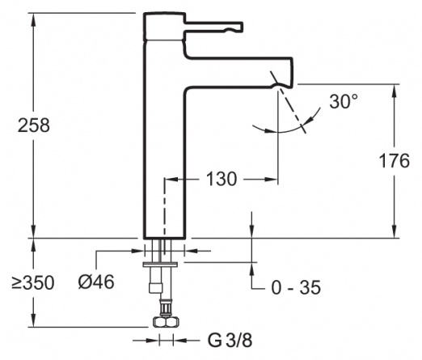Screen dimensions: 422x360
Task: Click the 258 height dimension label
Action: tap(34, 125)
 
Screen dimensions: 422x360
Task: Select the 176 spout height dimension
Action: tap(394, 161)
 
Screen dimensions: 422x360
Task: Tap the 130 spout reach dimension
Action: tap(222, 179)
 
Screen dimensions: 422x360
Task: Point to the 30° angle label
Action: tap(344, 101)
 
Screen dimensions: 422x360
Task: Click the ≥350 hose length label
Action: tap(33, 283)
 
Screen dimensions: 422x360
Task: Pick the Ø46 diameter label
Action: tap(96, 282)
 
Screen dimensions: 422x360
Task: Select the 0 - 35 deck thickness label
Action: tap(296, 287)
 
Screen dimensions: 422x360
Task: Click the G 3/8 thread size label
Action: tap(230, 340)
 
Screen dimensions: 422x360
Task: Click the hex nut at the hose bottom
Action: tap(167, 322)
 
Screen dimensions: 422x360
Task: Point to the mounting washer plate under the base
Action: tap(160, 264)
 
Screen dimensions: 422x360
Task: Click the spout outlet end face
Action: tap(291, 72)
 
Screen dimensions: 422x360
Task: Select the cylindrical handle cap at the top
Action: tap(164, 27)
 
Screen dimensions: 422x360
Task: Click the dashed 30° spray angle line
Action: tap(288, 102)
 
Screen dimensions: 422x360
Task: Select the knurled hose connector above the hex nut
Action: tap(166, 307)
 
